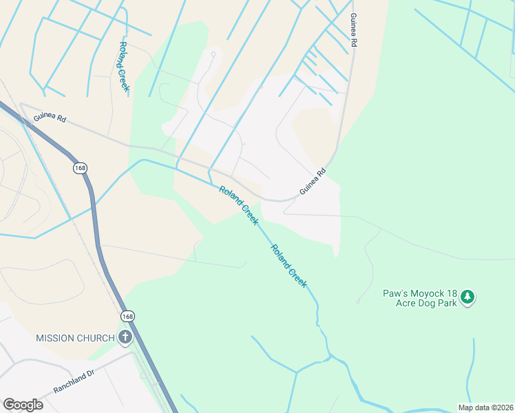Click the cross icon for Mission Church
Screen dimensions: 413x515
point(125,337)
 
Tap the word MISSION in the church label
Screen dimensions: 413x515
point(56,338)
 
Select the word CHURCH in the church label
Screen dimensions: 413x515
point(96,338)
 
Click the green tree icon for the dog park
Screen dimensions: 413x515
point(468,297)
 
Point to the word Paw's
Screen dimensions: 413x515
point(395,293)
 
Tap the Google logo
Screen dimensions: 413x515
point(23,405)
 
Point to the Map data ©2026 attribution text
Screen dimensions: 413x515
point(485,407)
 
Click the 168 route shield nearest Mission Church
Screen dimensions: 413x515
point(127,316)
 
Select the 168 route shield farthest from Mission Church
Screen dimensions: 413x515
point(80,167)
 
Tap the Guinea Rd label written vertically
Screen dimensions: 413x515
point(354,30)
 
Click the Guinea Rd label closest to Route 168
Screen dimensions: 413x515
point(52,118)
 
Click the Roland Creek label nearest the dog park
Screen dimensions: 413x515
point(288,266)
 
